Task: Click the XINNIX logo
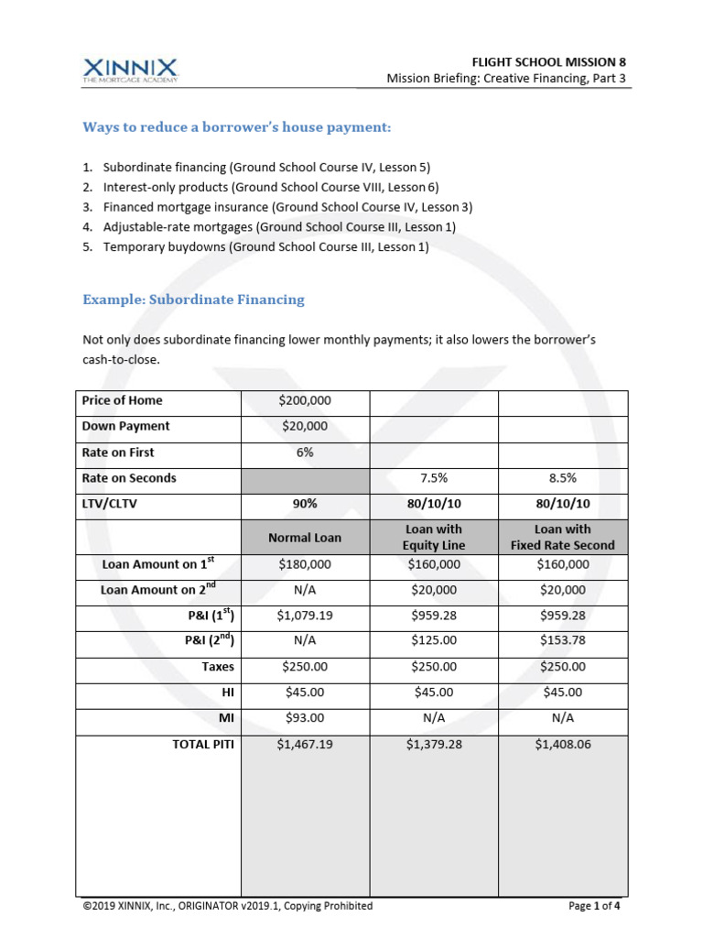[x=131, y=70]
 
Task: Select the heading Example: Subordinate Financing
[x=193, y=300]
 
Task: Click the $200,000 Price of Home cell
[x=305, y=400]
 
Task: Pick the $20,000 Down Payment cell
[x=305, y=426]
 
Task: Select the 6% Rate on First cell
[x=305, y=453]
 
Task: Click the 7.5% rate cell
[x=434, y=478]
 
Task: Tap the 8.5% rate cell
[x=563, y=478]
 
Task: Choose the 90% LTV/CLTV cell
[x=305, y=504]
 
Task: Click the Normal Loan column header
[x=305, y=538]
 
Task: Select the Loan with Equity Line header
[x=434, y=537]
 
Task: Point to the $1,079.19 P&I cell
[x=305, y=616]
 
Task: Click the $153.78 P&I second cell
[x=563, y=641]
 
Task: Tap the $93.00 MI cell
[x=305, y=718]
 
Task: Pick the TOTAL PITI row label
[x=203, y=745]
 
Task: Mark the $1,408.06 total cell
[x=563, y=745]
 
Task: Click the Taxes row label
[x=218, y=667]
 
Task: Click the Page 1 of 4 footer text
[x=594, y=906]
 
